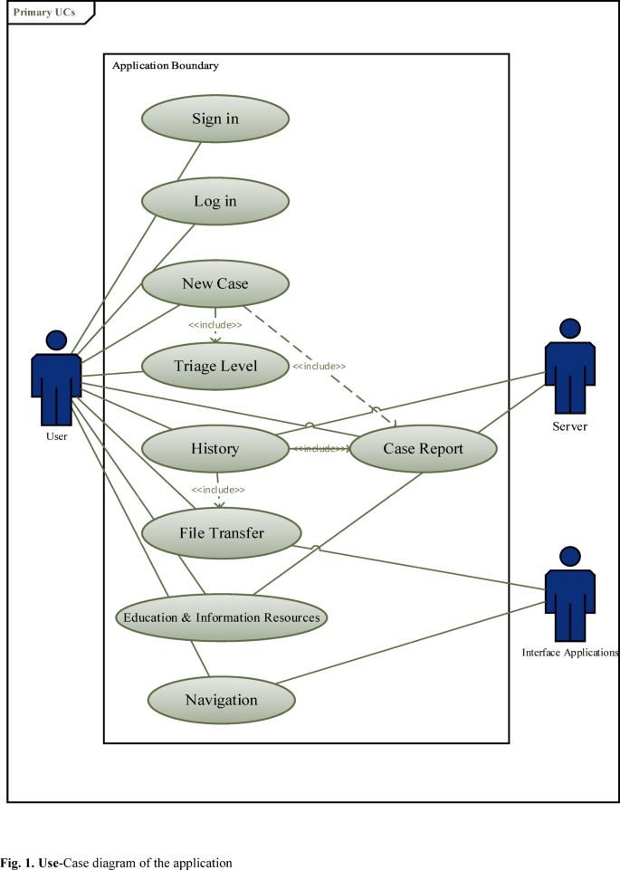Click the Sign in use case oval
click(215, 119)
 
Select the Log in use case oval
click(215, 201)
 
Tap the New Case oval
click(215, 283)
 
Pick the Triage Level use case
click(215, 366)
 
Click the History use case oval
click(215, 448)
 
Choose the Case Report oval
click(423, 448)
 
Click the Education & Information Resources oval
click(222, 617)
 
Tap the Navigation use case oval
click(221, 700)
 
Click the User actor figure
click(56, 380)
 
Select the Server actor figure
click(569, 367)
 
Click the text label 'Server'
click(569, 425)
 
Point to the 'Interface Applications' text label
click(570, 652)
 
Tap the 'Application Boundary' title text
click(166, 66)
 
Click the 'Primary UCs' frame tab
click(44, 13)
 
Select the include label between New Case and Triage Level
click(215, 324)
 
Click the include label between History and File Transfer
click(217, 489)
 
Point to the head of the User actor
click(56, 340)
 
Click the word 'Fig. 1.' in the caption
click(17, 863)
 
